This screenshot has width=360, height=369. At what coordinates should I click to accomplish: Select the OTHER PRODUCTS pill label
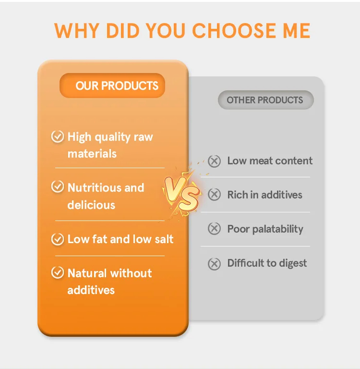[x=265, y=100]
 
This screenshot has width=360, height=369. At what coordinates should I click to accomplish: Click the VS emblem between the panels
[x=182, y=192]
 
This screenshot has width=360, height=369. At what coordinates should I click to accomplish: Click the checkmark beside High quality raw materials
[x=58, y=137]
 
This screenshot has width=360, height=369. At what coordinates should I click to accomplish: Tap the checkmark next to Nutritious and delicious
[x=58, y=187]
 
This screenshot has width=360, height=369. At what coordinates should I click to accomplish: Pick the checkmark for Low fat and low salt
[x=58, y=239]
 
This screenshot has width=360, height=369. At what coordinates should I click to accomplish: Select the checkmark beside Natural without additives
[x=58, y=273]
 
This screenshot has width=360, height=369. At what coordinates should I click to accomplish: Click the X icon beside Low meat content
[x=214, y=161]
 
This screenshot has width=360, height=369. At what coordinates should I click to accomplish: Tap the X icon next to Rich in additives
[x=214, y=195]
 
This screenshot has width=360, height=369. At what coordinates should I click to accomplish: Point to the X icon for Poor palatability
[x=214, y=229]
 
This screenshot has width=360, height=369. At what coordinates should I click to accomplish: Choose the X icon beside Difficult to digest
[x=214, y=263]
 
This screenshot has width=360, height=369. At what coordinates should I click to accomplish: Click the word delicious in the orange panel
[x=91, y=205]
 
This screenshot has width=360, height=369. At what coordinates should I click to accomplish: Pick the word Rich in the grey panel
[x=237, y=195]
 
